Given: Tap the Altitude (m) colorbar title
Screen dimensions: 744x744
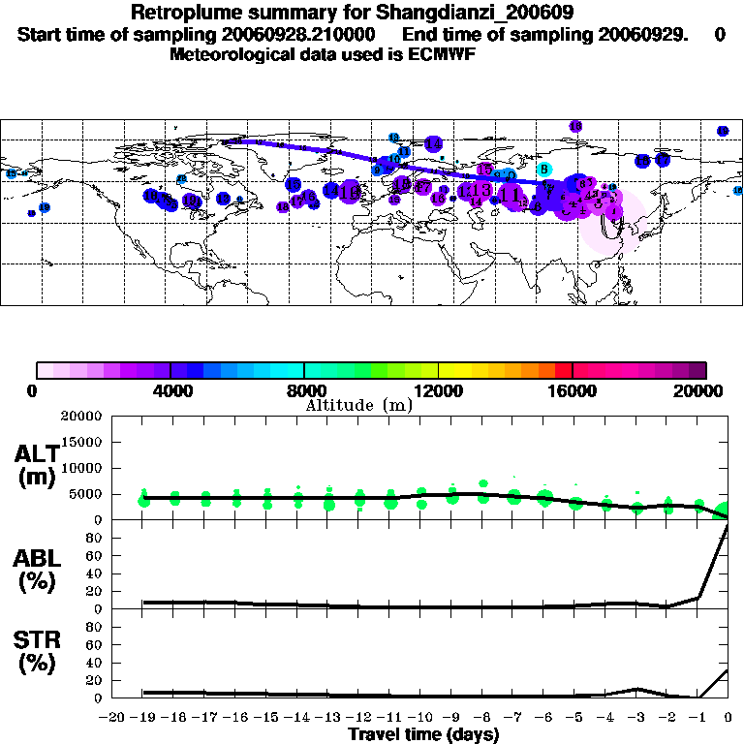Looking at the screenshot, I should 358,405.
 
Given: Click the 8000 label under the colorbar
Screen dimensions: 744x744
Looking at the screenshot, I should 303,390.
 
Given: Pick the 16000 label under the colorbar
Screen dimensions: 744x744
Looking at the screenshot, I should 572,390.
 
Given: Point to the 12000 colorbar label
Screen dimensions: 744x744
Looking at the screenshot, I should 438,390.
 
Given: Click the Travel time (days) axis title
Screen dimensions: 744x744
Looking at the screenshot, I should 423,735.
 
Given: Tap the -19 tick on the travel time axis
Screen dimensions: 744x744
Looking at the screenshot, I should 143,718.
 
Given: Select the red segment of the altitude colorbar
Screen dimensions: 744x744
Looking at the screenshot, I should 564,370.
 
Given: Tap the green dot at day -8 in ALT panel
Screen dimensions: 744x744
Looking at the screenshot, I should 483,483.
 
